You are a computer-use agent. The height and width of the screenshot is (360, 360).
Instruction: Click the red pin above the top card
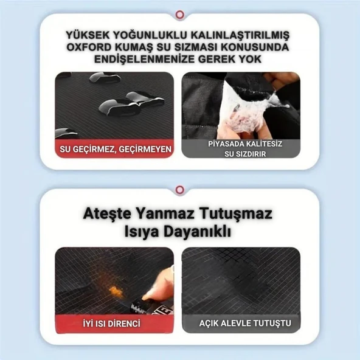pyautogui.click(x=179, y=14)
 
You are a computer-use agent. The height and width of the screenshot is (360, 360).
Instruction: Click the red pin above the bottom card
pyautogui.click(x=179, y=190)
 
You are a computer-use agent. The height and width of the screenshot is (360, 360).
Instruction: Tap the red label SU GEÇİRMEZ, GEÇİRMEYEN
pyautogui.click(x=114, y=149)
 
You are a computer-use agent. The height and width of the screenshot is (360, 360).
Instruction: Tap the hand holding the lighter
pyautogui.click(x=157, y=283)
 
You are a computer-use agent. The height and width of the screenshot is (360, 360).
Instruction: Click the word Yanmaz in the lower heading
pyautogui.click(x=170, y=215)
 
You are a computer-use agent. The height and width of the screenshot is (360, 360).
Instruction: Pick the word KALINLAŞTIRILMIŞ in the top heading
pyautogui.click(x=233, y=35)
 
